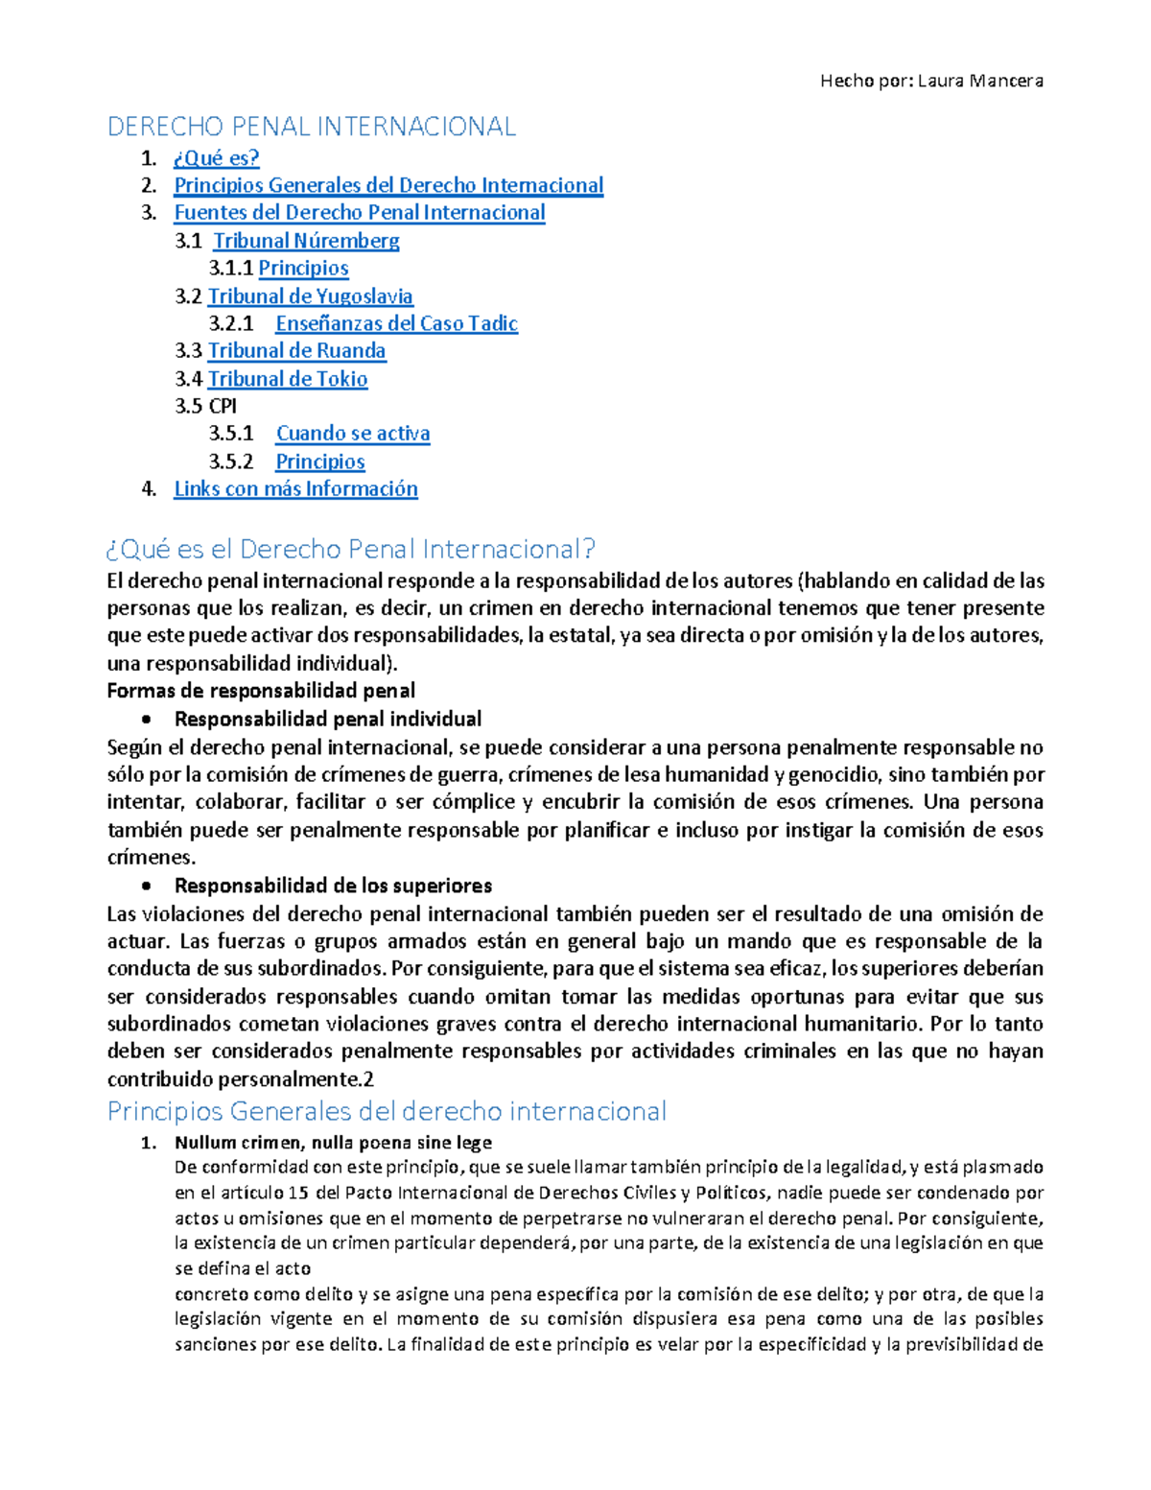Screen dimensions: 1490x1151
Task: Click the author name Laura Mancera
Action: click(x=979, y=81)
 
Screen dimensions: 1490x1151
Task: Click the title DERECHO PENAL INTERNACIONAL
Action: click(x=311, y=127)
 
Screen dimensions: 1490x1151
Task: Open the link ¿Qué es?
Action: click(x=216, y=158)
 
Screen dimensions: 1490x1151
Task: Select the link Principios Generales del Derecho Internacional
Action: click(x=388, y=185)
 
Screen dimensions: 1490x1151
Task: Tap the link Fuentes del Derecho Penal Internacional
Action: click(x=359, y=213)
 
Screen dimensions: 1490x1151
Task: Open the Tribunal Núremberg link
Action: click(x=306, y=241)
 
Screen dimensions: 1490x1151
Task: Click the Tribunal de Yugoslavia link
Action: click(x=310, y=296)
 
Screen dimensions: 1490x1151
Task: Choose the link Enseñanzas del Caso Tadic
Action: click(x=396, y=323)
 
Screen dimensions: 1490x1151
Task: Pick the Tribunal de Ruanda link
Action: click(x=296, y=351)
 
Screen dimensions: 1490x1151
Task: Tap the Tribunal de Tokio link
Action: click(x=288, y=379)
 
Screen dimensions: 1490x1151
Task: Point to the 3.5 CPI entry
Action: click(x=205, y=406)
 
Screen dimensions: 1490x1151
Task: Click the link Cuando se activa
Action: click(x=353, y=434)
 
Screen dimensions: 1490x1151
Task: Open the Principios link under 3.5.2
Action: click(x=320, y=461)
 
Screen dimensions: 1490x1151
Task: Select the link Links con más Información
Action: click(x=295, y=489)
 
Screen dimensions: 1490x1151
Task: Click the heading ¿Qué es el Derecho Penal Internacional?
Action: click(x=351, y=549)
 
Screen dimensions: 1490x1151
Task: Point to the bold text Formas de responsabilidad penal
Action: click(x=261, y=691)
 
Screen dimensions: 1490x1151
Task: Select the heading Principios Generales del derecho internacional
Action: click(x=387, y=1111)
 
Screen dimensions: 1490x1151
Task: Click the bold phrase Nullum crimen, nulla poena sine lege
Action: click(x=333, y=1143)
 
